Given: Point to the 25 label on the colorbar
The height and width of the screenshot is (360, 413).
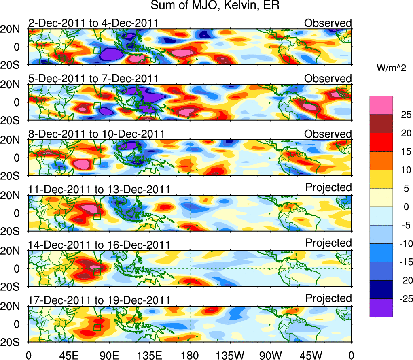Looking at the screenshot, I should [x=401, y=115].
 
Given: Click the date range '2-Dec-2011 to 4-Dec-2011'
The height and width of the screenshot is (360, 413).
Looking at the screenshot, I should [x=93, y=23].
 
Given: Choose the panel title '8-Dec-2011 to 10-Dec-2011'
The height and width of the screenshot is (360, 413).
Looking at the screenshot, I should [x=96, y=134].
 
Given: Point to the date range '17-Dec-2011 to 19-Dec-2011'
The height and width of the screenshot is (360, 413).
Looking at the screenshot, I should [x=99, y=300].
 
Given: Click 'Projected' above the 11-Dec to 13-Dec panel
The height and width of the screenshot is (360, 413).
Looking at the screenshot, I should [x=328, y=187].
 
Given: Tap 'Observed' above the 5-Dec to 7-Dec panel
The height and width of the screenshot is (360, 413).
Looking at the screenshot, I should [x=328, y=78].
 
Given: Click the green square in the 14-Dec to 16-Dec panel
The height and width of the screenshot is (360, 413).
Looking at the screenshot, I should [x=97, y=272].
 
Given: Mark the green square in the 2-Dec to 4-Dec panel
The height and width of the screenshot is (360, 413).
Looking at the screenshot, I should [x=97, y=50].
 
